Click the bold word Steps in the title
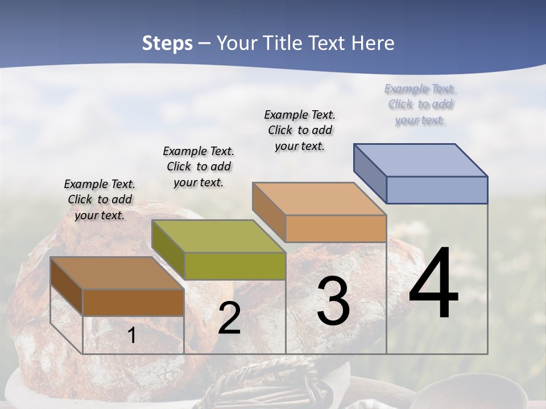click(167, 43)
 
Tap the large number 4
click(433, 284)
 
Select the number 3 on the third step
click(333, 302)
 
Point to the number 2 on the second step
click(229, 319)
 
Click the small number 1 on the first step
click(131, 336)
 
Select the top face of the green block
click(218, 236)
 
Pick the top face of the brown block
click(117, 273)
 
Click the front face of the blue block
click(437, 190)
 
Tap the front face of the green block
click(235, 266)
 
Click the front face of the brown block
click(133, 303)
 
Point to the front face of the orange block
click(336, 229)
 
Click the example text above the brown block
click(100, 199)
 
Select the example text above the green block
click(198, 166)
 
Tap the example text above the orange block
click(300, 130)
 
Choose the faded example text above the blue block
click(420, 104)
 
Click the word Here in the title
click(374, 43)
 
